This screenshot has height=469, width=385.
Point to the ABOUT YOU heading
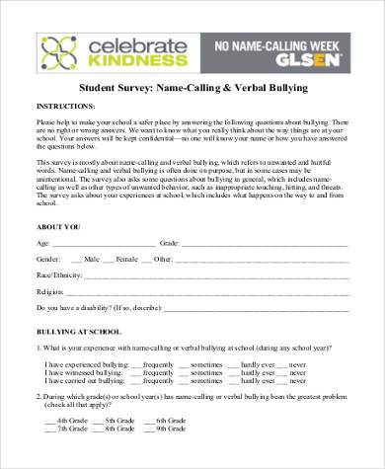pos(58,226)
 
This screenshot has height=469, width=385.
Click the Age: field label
pos(42,242)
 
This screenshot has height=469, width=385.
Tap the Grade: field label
pos(169,242)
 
